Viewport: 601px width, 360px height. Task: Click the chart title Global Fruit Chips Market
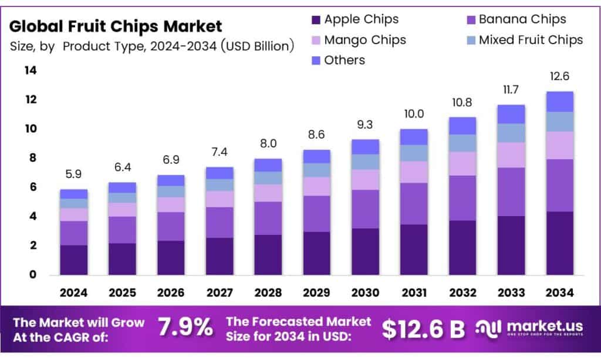pos(116,26)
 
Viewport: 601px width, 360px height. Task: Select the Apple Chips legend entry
pos(354,19)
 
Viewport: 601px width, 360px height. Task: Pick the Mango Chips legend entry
pos(357,40)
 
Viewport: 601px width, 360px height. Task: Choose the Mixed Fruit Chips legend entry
pos(523,40)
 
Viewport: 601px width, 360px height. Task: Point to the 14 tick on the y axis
pos(30,70)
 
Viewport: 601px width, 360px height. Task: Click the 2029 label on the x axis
pos(316,292)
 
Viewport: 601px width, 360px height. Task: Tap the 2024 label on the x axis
pos(73,292)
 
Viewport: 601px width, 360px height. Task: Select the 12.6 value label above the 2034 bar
pos(558,76)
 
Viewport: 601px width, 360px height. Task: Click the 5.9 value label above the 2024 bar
pos(73,174)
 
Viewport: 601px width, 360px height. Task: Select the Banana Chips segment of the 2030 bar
pos(364,208)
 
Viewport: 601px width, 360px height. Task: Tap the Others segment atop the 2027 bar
pos(219,173)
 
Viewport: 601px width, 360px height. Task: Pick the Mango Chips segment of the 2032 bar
pos(461,163)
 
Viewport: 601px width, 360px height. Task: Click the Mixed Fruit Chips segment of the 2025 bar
pos(122,197)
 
